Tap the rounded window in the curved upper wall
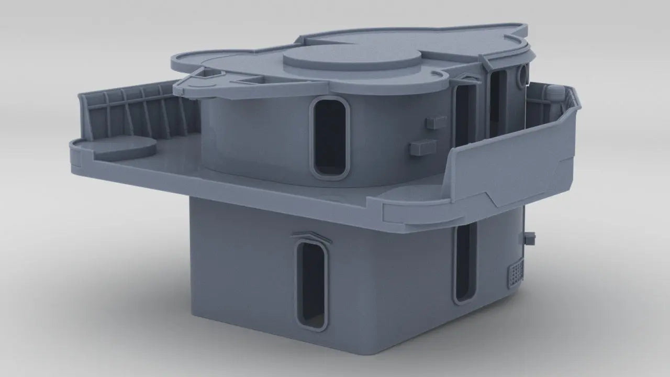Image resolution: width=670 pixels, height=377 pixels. pos(330,137)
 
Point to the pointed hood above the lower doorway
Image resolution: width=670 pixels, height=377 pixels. pos(312,236)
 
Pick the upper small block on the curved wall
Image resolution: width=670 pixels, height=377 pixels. pos(435,122)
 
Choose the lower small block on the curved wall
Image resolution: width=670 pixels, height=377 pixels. pos(423,147)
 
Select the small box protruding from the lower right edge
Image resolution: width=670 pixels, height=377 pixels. pos(530,239)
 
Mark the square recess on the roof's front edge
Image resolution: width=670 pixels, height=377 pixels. pos(253,79)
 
